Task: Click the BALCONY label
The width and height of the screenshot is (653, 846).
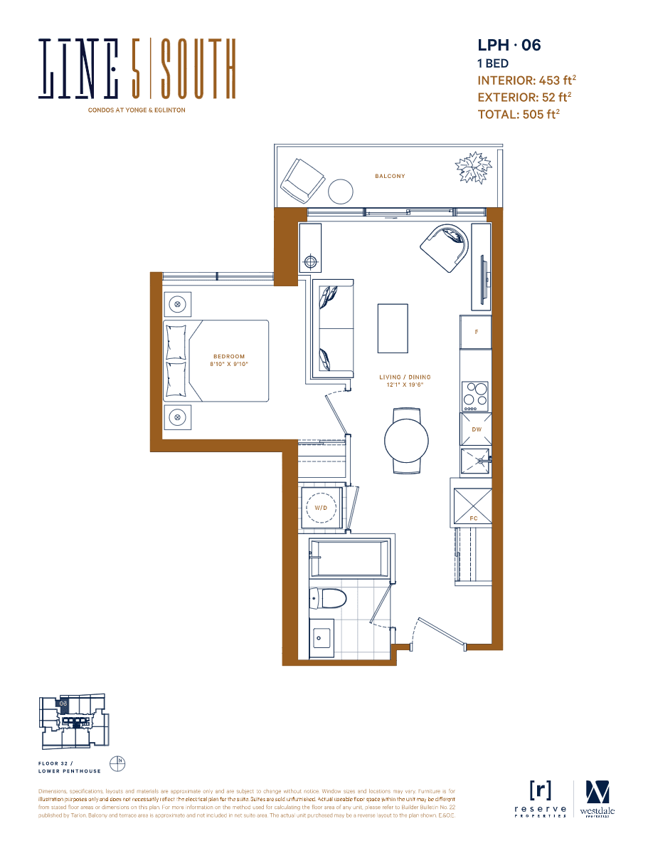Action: coord(390,176)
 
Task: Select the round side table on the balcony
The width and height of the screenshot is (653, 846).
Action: coord(341,191)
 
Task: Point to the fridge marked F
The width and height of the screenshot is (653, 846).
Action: coord(476,333)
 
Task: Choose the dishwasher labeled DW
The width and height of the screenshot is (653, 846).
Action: coord(476,429)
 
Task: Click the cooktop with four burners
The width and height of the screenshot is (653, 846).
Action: coord(476,394)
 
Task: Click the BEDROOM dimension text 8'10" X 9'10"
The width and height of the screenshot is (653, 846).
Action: coord(228,364)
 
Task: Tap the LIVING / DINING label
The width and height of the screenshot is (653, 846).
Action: coord(405,377)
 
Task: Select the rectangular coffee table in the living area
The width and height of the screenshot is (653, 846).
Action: coord(393,328)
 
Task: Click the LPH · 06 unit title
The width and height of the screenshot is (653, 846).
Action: coord(509,46)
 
